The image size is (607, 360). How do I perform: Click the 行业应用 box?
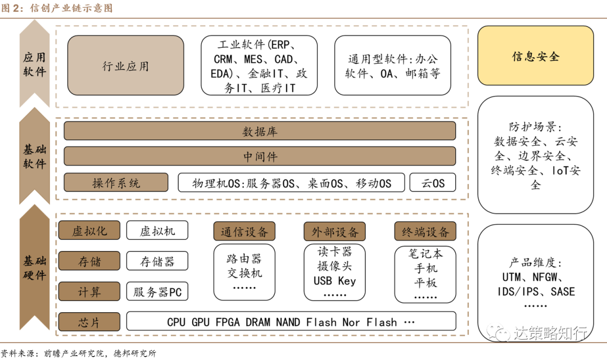pos(125,66)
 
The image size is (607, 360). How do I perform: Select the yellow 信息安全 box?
pos(535,56)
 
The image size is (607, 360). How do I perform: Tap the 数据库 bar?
pos(260,131)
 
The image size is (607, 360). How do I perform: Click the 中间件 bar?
pos(260,156)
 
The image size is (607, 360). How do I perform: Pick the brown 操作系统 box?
pos(116,183)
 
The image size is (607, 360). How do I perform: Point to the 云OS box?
pos(432,183)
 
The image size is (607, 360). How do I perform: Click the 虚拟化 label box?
pos(89,230)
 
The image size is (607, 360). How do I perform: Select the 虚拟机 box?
pos(157,230)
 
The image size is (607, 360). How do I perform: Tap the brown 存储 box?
pos(89,261)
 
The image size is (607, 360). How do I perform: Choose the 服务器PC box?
pos(157,291)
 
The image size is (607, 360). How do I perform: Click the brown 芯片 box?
pos(89,322)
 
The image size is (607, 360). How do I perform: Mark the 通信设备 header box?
pos(244,231)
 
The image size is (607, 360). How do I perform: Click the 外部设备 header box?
pos(334,231)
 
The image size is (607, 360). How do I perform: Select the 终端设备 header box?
pos(425,231)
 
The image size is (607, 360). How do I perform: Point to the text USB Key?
pos(334,280)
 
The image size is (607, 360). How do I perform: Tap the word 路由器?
pos(244,259)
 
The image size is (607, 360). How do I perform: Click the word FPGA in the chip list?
pos(228,322)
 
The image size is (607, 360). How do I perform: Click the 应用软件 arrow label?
pos(34,65)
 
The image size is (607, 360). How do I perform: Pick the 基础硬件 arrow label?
pos(34,268)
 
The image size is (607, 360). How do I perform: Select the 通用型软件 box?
pos(392,66)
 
